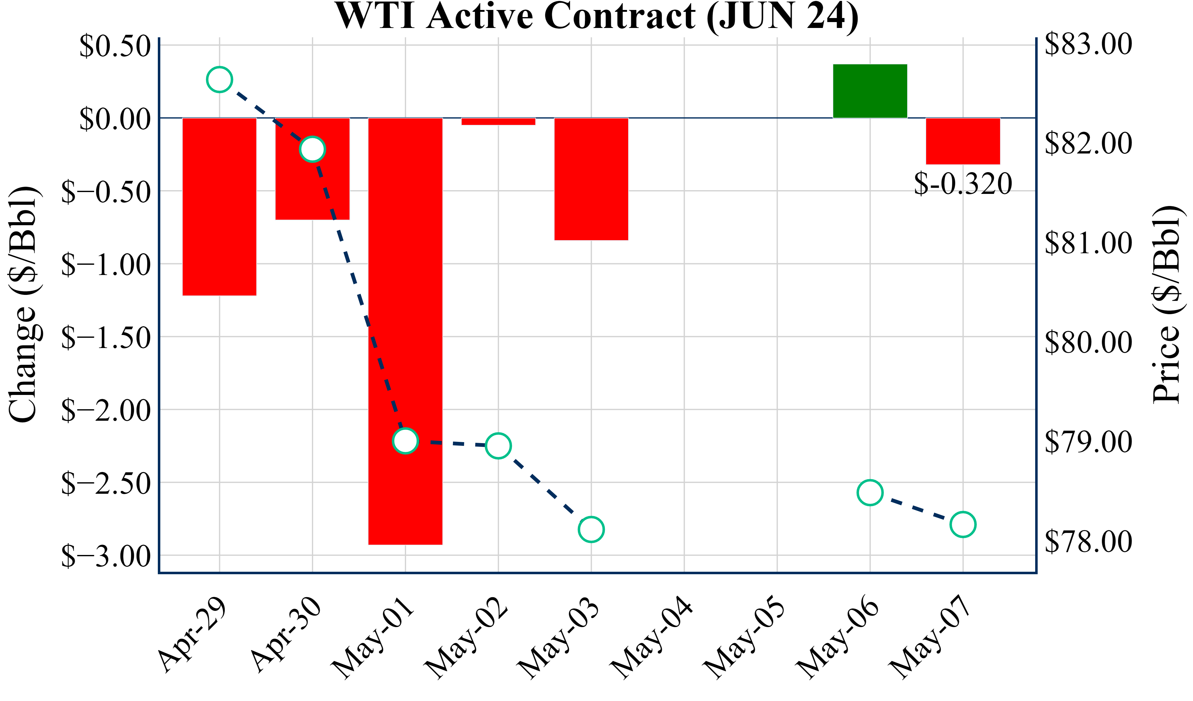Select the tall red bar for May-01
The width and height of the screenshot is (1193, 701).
pos(405,284)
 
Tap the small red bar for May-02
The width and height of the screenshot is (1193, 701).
pos(498,121)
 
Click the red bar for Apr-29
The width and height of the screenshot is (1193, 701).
pos(219,207)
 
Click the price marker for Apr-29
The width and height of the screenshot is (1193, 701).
pos(219,80)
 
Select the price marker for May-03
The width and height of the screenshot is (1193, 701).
pos(591,529)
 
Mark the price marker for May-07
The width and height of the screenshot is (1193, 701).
pos(962,524)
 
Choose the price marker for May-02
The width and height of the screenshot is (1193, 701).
pos(498,446)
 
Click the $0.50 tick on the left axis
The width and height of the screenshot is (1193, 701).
pos(115,46)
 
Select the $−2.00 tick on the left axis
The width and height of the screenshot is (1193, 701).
pos(106,410)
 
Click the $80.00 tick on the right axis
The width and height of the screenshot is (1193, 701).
pos(1088,342)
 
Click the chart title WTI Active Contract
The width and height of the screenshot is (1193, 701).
pos(596,16)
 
